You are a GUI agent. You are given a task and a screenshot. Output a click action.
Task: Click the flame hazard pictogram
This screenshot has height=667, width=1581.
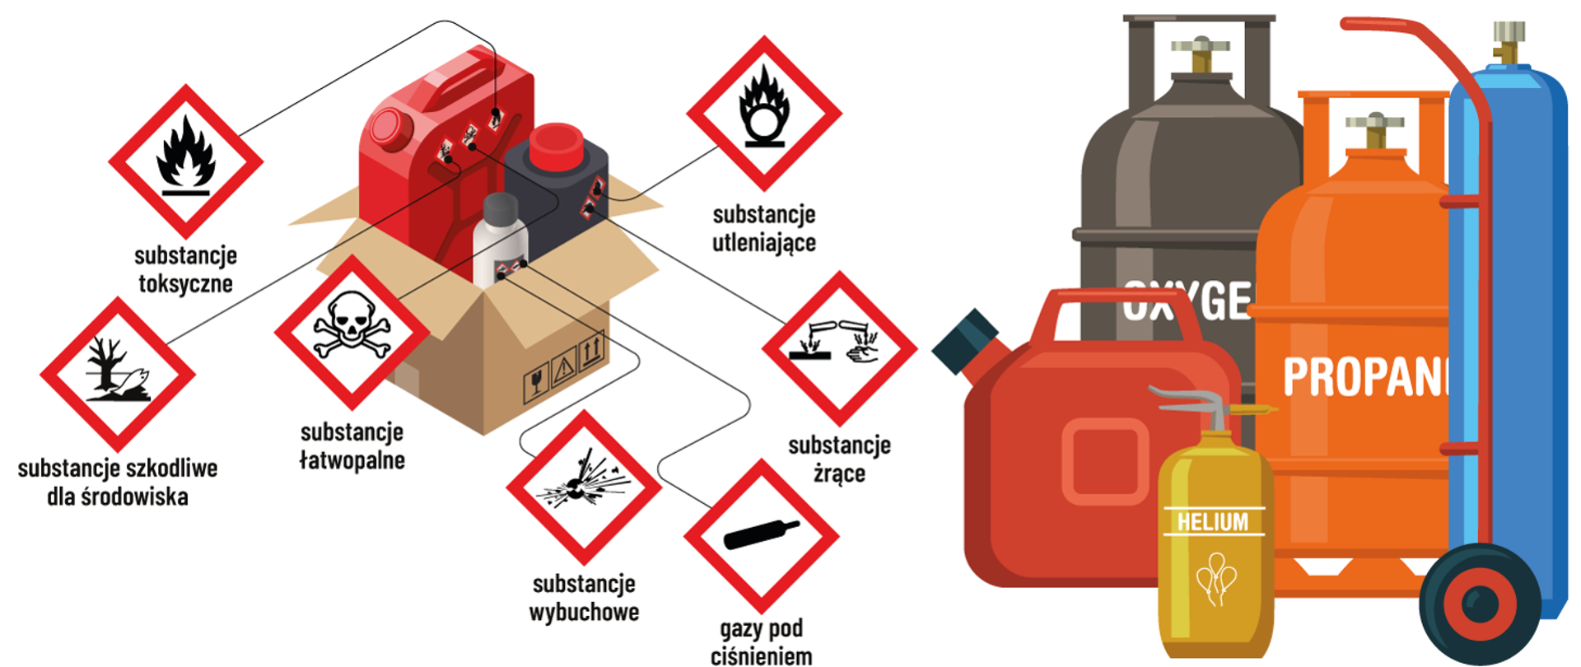pyautogui.click(x=186, y=161)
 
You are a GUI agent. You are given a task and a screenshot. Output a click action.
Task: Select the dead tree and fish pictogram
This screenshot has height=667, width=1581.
pyautogui.click(x=118, y=374)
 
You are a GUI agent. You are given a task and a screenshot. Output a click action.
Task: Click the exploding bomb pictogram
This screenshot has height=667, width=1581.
pyautogui.click(x=584, y=487)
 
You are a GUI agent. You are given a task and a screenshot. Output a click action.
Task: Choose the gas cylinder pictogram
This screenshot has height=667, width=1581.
pyautogui.click(x=761, y=535)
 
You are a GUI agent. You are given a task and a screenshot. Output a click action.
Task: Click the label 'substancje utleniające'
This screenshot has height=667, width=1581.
pyautogui.click(x=764, y=228)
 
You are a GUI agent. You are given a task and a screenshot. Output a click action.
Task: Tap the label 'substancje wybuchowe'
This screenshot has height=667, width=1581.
pyautogui.click(x=584, y=598)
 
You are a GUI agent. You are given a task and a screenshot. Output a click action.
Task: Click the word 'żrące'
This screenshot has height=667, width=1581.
pyautogui.click(x=839, y=473)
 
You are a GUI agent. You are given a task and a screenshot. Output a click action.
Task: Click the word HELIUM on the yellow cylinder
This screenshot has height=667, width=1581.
pyautogui.click(x=1212, y=522)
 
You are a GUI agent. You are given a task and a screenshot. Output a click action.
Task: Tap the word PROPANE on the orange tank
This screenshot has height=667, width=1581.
pyautogui.click(x=1363, y=377)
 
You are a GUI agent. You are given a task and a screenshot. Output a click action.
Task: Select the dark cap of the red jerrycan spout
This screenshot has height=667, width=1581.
pyautogui.click(x=965, y=339)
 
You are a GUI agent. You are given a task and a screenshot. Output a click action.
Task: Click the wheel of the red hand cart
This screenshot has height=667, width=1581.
pyautogui.click(x=1480, y=604)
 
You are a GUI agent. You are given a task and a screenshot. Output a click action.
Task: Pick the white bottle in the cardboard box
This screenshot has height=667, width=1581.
pyautogui.click(x=500, y=240)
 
